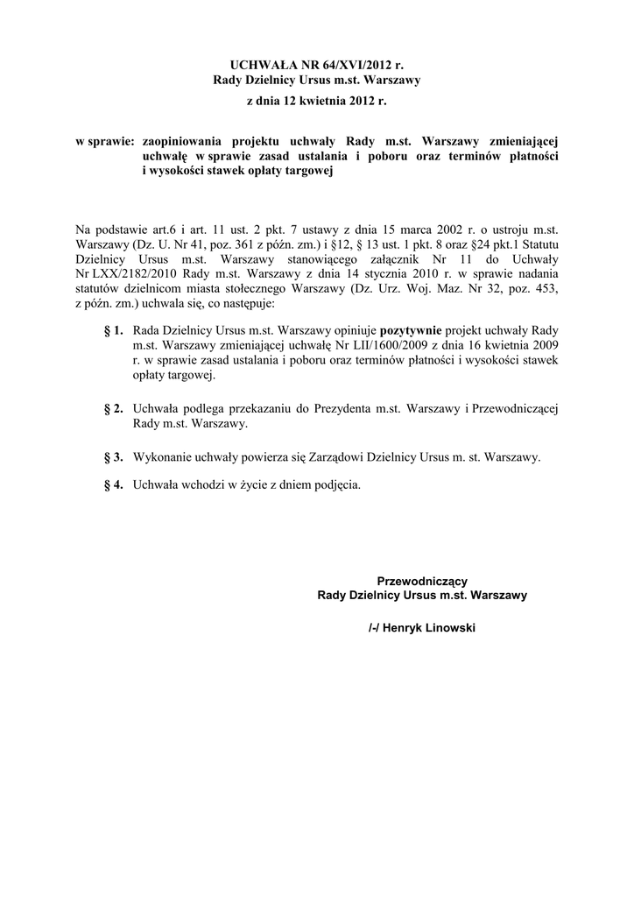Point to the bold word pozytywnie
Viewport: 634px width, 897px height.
click(411, 332)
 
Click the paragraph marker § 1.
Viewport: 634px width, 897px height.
click(113, 332)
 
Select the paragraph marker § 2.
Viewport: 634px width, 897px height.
click(113, 409)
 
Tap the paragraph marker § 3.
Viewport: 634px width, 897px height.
click(113, 457)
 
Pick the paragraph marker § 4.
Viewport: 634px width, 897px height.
click(113, 484)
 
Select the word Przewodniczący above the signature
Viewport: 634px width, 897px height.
click(422, 581)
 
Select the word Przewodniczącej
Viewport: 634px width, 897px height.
click(515, 409)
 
